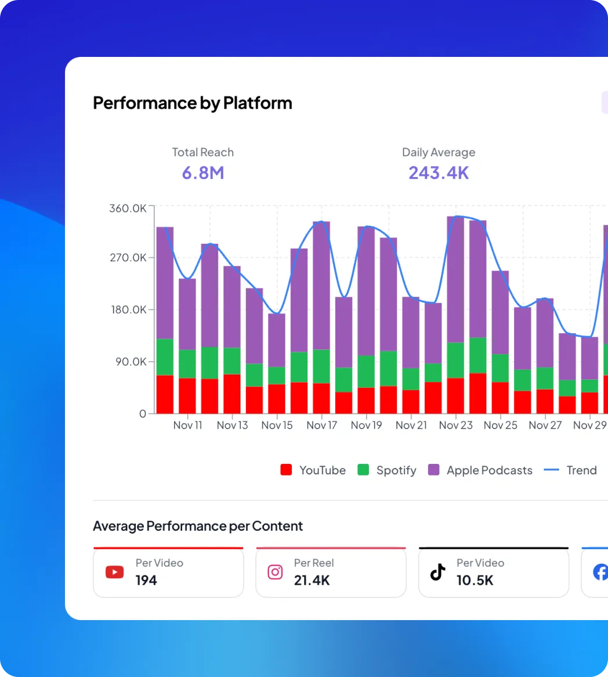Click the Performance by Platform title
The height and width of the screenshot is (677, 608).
tap(192, 103)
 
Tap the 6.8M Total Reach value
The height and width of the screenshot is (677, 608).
tap(202, 172)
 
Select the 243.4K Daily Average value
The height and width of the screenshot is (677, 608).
tap(438, 172)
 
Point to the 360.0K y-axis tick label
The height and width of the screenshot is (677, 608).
tap(128, 208)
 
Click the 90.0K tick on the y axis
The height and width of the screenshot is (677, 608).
tap(130, 362)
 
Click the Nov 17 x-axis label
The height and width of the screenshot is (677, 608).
tap(321, 425)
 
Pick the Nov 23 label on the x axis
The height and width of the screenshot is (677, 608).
tap(455, 425)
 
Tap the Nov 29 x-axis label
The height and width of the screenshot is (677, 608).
tap(589, 425)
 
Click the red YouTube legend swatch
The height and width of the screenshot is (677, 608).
tap(286, 470)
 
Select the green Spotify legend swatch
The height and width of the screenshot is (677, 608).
tap(363, 470)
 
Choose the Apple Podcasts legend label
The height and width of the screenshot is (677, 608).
tap(489, 470)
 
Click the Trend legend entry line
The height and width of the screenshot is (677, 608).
tap(551, 470)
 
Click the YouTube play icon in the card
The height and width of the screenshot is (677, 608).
tap(114, 572)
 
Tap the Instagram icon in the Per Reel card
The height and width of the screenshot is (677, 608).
tap(275, 572)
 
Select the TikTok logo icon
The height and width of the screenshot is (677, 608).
tap(437, 572)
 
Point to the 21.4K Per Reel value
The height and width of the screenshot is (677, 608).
tap(312, 580)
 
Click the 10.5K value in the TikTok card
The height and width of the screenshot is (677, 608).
tap(475, 580)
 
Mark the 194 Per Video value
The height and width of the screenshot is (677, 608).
tap(146, 580)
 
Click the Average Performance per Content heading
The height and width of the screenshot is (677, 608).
tap(198, 526)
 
